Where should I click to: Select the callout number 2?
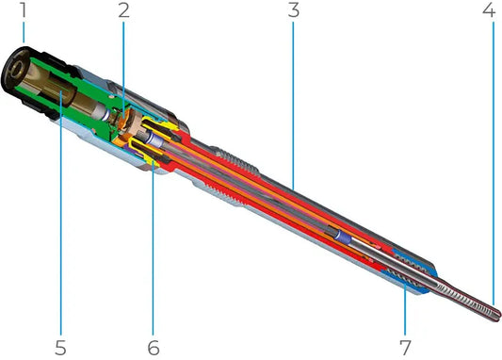122,11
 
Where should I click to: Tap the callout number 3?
294,11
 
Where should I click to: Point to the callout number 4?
489,11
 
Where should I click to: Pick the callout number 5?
60,347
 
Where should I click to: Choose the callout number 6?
154,347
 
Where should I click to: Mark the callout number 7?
405,347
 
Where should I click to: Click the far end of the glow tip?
496,316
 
